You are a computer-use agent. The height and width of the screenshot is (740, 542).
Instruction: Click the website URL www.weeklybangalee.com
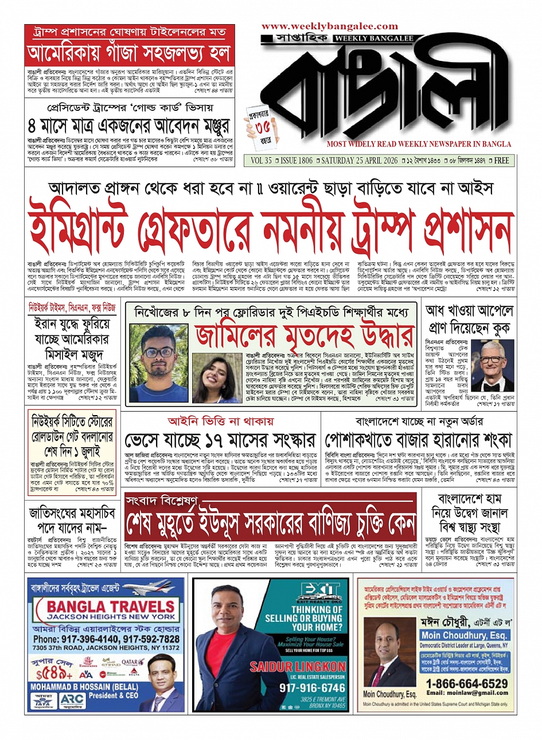click(x=329, y=26)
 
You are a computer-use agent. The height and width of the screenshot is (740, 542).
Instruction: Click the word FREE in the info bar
click(x=502, y=161)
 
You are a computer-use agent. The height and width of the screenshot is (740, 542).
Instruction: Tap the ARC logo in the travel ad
click(x=71, y=701)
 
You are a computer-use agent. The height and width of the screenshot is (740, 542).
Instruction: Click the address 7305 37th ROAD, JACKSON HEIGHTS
click(x=106, y=648)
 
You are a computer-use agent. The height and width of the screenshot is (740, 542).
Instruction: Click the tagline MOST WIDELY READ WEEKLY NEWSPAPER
click(x=419, y=144)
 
